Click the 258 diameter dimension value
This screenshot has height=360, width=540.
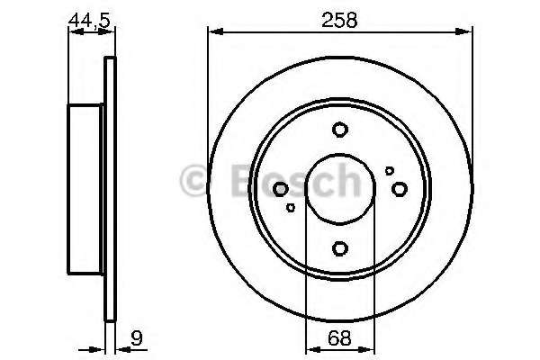click(x=339, y=20)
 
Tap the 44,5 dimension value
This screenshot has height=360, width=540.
click(x=89, y=20)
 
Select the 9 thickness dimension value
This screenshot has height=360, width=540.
click(x=137, y=338)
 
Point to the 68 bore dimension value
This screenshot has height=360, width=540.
click(x=339, y=338)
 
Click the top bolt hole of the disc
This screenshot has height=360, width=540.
click(x=340, y=130)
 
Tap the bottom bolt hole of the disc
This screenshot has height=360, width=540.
click(x=340, y=248)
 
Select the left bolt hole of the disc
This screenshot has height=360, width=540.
click(x=280, y=189)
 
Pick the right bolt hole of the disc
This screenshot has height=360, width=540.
click(x=400, y=189)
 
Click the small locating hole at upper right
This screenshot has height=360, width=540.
click(x=390, y=170)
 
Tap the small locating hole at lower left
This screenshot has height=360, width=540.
click(x=291, y=207)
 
